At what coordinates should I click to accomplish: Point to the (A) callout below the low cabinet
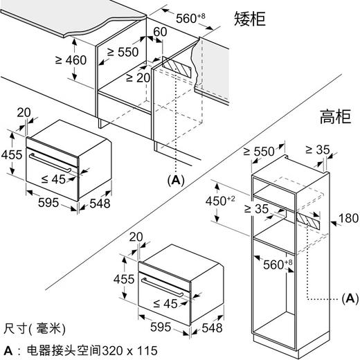pos(177,180)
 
